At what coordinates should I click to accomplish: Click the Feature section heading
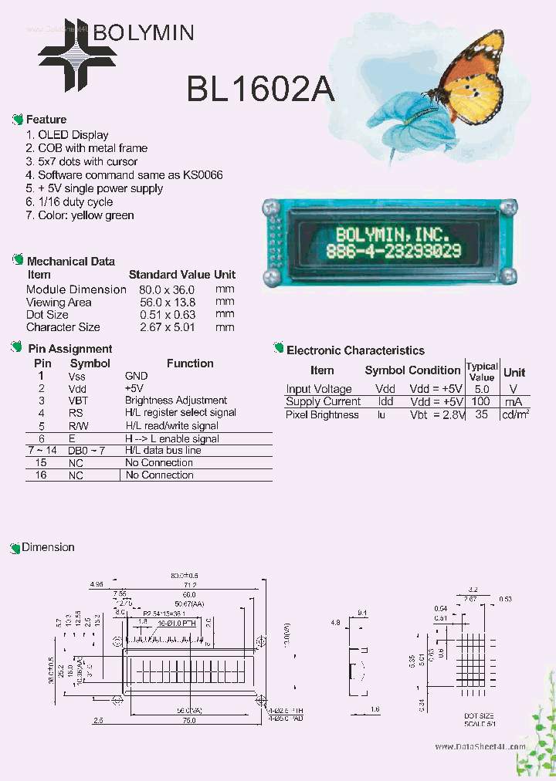click(46, 120)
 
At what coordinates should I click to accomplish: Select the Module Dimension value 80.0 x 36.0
click(167, 289)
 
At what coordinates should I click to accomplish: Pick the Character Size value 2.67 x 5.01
click(168, 327)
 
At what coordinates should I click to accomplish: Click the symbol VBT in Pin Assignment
click(77, 401)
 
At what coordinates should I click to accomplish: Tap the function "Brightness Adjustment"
click(176, 401)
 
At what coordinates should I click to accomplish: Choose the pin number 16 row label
click(41, 475)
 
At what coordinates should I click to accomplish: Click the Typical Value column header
click(482, 371)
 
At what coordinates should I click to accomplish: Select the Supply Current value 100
click(481, 402)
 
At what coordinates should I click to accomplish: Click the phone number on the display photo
click(394, 251)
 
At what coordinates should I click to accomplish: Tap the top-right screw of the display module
click(508, 207)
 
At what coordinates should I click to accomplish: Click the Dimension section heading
click(48, 547)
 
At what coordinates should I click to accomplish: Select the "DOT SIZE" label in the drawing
click(479, 716)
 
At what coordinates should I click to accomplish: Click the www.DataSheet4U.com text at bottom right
click(480, 747)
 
